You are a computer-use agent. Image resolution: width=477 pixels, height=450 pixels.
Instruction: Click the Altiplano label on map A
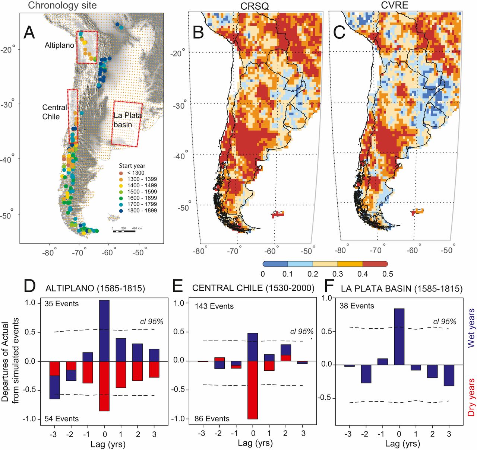pyautogui.click(x=59, y=45)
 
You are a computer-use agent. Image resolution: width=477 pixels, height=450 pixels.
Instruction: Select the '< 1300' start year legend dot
pyautogui.click(x=121, y=173)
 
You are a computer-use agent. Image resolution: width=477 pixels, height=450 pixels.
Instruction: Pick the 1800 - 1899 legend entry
pyautogui.click(x=142, y=211)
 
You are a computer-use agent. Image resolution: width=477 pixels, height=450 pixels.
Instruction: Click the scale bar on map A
pyautogui.click(x=124, y=232)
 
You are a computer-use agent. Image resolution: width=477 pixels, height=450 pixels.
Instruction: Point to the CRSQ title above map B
pyautogui.click(x=255, y=6)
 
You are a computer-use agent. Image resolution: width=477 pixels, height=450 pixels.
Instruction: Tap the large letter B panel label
pyautogui.click(x=198, y=33)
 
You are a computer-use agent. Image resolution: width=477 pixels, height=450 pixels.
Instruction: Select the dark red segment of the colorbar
pyautogui.click(x=375, y=264)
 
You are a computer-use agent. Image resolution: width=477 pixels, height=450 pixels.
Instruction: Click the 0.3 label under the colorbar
pyautogui.click(x=338, y=274)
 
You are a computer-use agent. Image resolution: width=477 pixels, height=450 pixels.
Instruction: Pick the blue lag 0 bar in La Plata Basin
pyautogui.click(x=399, y=336)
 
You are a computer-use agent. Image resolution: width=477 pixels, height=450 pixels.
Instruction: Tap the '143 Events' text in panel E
pyautogui.click(x=214, y=306)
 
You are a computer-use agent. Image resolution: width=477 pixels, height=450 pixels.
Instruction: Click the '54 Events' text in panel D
pyautogui.click(x=61, y=419)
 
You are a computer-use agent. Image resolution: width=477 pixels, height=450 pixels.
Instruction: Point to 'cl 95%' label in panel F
pyautogui.click(x=445, y=322)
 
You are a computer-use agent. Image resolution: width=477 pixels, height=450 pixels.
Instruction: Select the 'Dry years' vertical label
pyautogui.click(x=471, y=397)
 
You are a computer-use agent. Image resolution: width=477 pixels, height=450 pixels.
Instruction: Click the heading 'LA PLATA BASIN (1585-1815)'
pyautogui.click(x=401, y=288)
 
